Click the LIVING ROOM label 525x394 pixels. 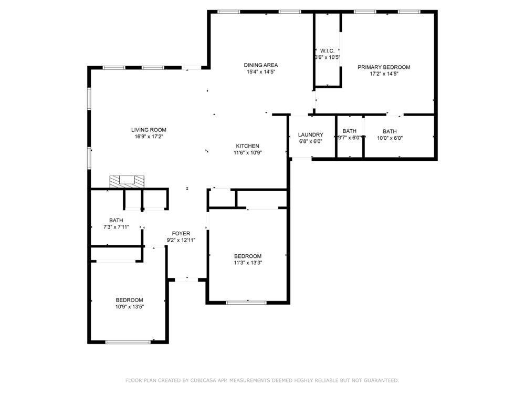[149, 130]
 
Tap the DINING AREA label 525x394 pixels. [261, 65]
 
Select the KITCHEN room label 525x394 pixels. [247, 146]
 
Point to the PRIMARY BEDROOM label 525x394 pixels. [384, 67]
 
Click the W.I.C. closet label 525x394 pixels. [327, 51]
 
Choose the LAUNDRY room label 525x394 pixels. [311, 134]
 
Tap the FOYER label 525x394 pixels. [181, 234]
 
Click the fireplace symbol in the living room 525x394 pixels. [127, 181]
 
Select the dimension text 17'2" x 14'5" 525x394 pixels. [384, 74]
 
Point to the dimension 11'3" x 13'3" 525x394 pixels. [248, 263]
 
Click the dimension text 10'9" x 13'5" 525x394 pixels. [130, 307]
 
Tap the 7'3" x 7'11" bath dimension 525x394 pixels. [116, 227]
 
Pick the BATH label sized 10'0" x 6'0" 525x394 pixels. [390, 132]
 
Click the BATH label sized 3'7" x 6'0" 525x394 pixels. [350, 131]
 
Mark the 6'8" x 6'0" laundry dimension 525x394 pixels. [311, 141]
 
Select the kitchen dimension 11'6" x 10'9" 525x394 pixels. [247, 153]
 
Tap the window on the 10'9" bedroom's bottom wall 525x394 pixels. [128, 342]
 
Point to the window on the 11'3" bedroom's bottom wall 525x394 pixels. [246, 303]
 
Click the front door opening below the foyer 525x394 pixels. [187, 279]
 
